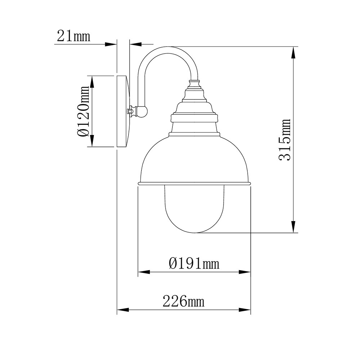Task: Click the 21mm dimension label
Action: pos(73,36)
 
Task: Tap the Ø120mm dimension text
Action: pos(83,112)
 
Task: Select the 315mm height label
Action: pos(285,140)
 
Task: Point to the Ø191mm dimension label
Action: pos(194,263)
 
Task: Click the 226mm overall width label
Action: pos(184,301)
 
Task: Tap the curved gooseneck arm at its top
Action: pos(168,50)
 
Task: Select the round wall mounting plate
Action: pos(123,111)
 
